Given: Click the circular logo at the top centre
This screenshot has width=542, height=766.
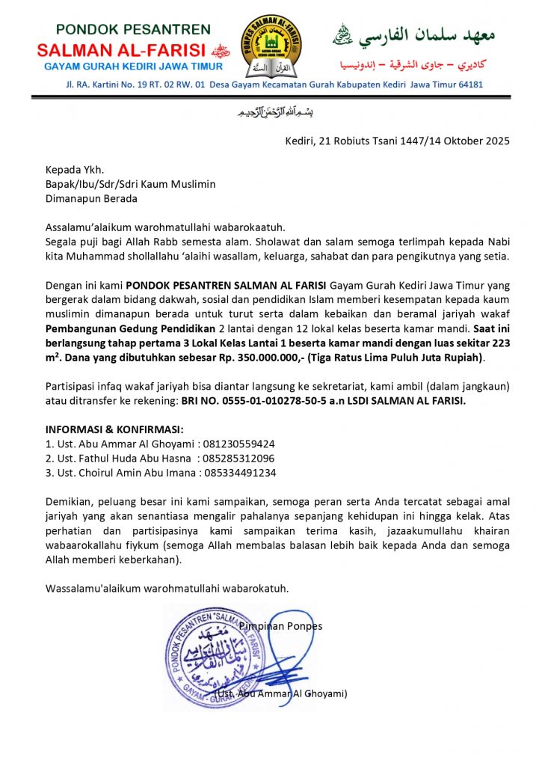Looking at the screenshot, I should coord(271,47).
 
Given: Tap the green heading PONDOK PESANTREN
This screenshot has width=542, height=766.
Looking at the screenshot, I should coord(134,30).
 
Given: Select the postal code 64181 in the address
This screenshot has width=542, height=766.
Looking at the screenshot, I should coord(468,85).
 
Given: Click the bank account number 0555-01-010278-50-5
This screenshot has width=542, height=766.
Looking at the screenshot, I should coord(270,400).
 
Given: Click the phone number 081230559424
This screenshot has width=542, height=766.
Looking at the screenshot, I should coord(233,443).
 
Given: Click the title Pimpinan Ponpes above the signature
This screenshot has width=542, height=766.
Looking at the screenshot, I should coord(281,625).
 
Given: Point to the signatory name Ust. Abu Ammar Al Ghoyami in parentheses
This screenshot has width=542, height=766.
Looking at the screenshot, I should coord(281,693).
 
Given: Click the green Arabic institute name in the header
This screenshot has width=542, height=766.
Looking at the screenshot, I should coord(424,34).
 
